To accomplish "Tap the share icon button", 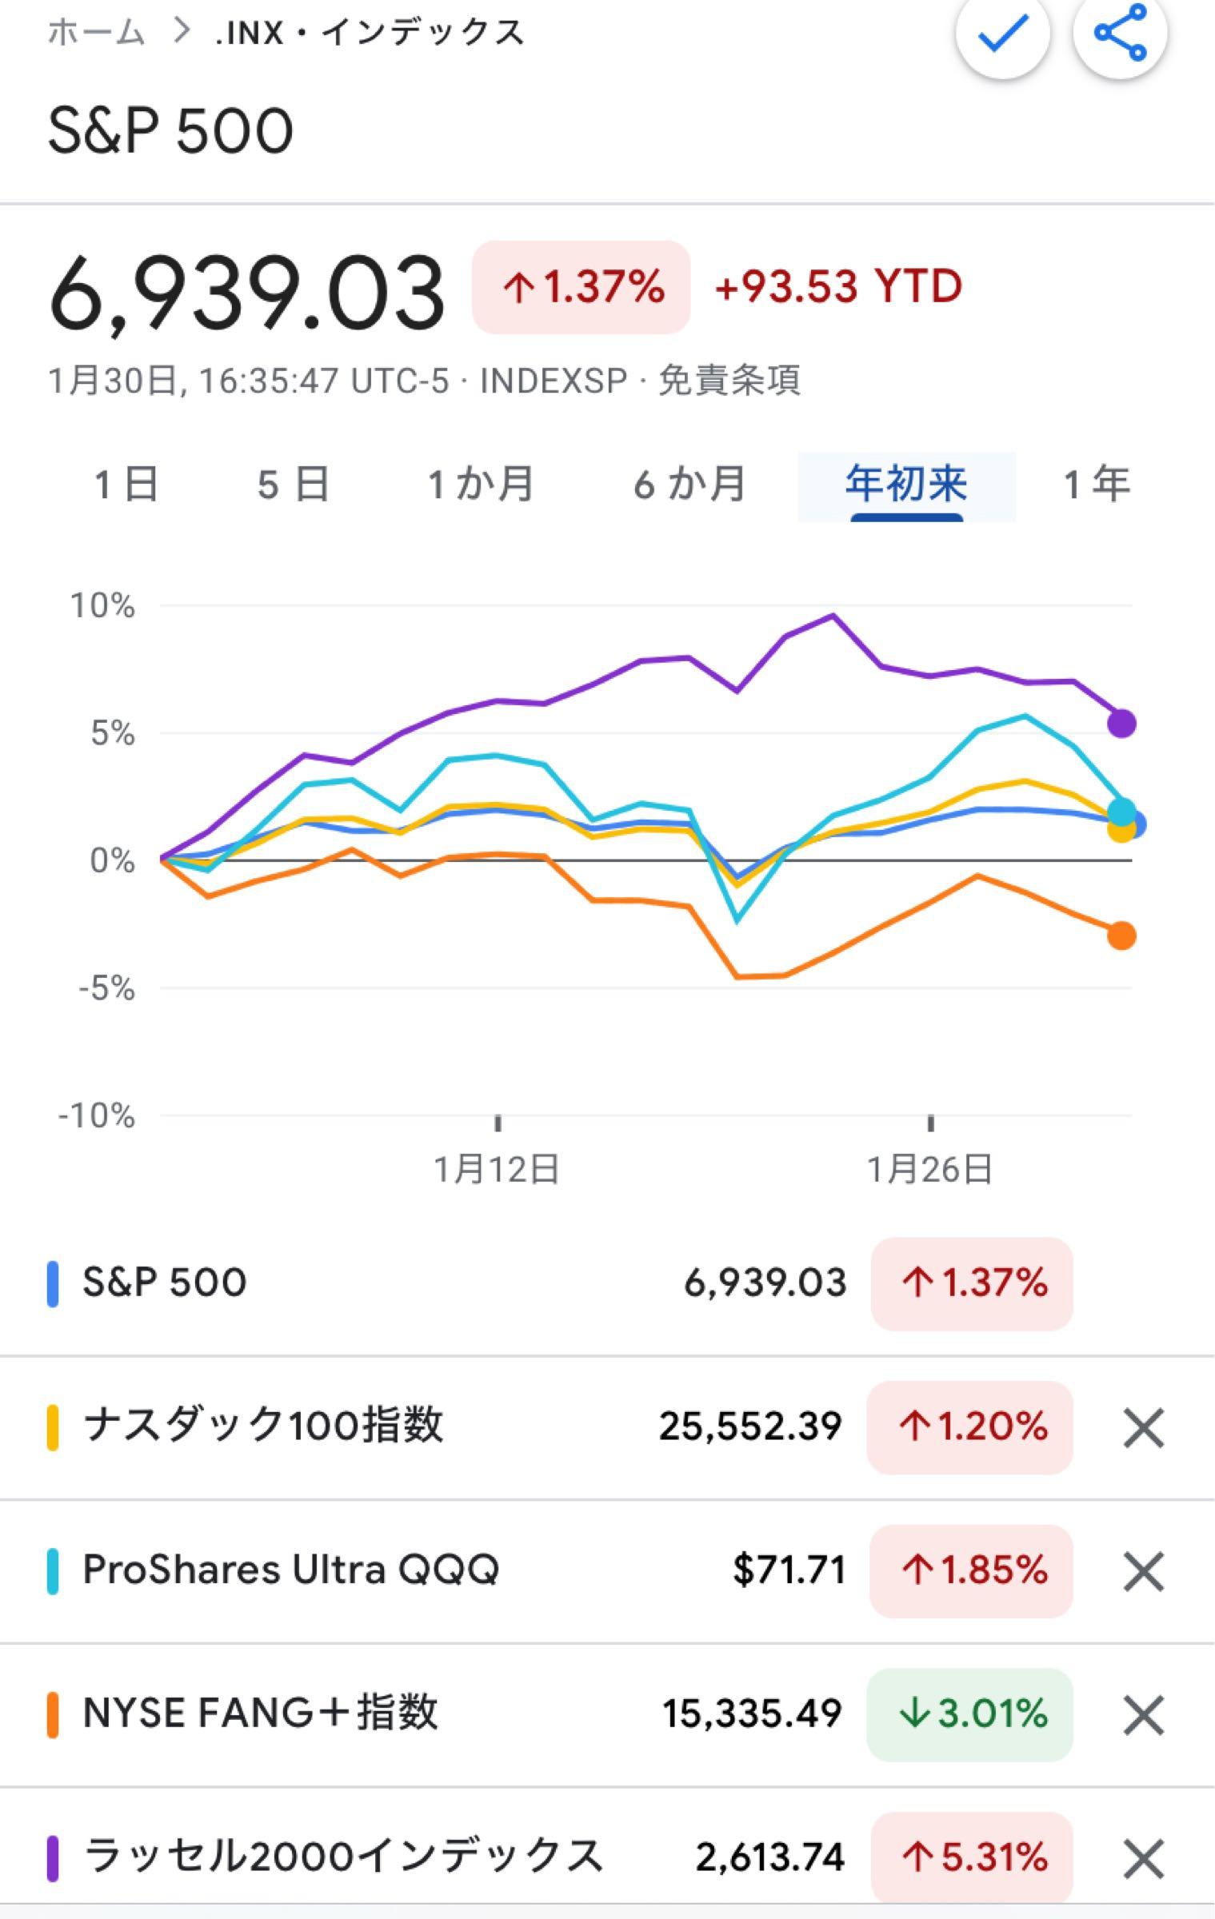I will pyautogui.click(x=1120, y=33).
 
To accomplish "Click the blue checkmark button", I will pyautogui.click(x=1003, y=33).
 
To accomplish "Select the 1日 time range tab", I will pyautogui.click(x=126, y=485).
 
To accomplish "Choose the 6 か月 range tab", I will pyautogui.click(x=689, y=485).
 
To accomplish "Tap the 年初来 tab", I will pyautogui.click(x=906, y=485).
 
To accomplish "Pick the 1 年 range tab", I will pyautogui.click(x=1097, y=485).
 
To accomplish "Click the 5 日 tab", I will pyautogui.click(x=293, y=485).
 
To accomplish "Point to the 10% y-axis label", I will pyautogui.click(x=102, y=606).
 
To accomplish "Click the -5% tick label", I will pyautogui.click(x=106, y=989).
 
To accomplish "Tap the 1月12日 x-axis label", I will pyautogui.click(x=497, y=1170).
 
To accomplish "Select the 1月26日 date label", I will pyautogui.click(x=929, y=1170).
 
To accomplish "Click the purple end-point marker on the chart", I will pyautogui.click(x=1121, y=724).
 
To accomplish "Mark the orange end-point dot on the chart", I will pyautogui.click(x=1121, y=936).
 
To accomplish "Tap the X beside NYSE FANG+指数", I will pyautogui.click(x=1143, y=1715).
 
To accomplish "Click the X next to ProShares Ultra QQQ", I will pyautogui.click(x=1143, y=1571).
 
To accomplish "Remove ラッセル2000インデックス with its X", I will pyautogui.click(x=1143, y=1858).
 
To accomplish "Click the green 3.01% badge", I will pyautogui.click(x=969, y=1714).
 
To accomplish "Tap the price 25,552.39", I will pyautogui.click(x=750, y=1426).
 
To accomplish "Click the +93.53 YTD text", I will pyautogui.click(x=837, y=286).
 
